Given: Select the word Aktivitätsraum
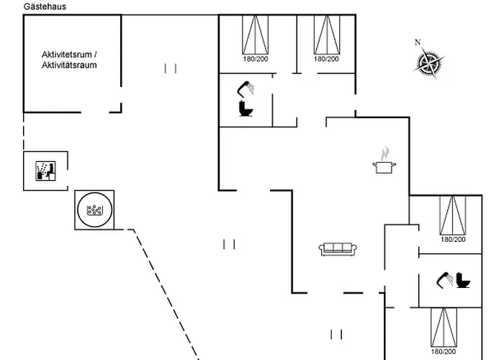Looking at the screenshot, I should point(69,65).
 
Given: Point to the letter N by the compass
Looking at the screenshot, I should point(418,42).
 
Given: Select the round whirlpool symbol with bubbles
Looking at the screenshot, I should point(94,210).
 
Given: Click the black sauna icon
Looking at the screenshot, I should point(46,171).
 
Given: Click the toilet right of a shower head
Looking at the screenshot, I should point(464,280).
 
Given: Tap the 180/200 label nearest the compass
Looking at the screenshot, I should point(326,59).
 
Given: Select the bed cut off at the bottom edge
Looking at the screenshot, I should point(444,327).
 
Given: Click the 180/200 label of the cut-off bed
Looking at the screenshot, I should point(444,353).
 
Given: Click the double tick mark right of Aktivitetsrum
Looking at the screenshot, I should point(171,68).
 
